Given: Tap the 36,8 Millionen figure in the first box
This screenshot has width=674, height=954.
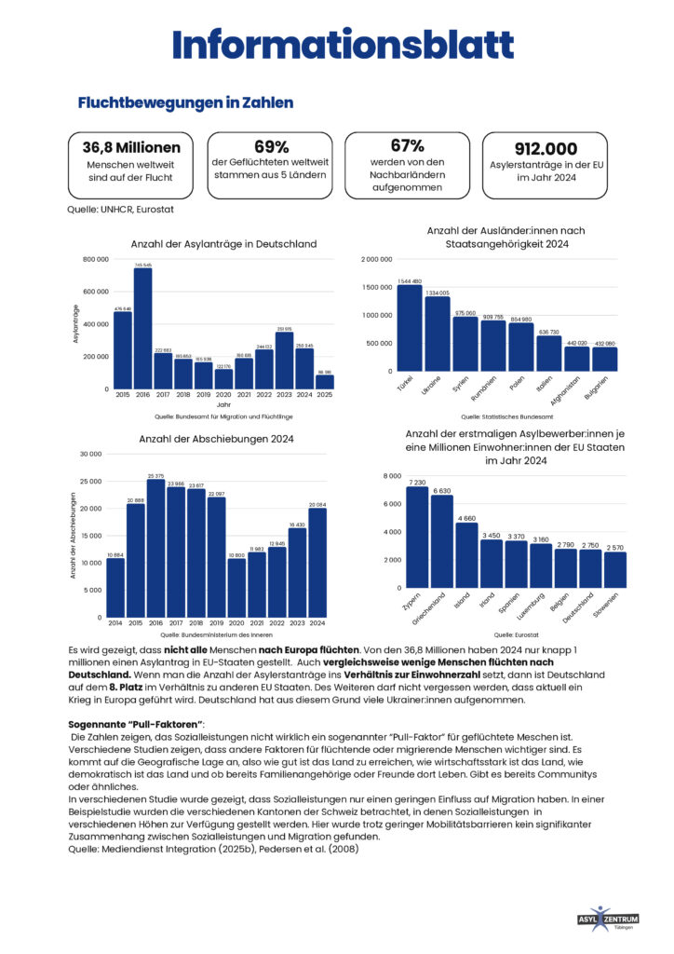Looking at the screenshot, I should click(x=131, y=147).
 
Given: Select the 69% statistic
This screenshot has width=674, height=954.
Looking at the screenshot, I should click(x=268, y=146).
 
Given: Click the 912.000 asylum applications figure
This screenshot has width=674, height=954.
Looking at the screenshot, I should click(x=546, y=149).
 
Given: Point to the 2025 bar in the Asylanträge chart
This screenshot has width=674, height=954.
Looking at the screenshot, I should click(x=325, y=381).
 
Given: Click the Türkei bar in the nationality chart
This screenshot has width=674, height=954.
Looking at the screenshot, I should click(x=410, y=327).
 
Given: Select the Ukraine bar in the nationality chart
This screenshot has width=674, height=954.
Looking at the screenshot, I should click(x=438, y=334).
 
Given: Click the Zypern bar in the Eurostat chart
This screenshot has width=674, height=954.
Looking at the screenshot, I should click(x=417, y=537).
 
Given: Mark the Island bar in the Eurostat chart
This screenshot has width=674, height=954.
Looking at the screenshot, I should click(x=466, y=555).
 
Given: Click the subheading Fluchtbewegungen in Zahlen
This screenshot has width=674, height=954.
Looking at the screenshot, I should click(x=185, y=102).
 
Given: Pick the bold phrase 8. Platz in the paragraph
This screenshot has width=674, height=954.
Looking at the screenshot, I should click(x=113, y=686).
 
